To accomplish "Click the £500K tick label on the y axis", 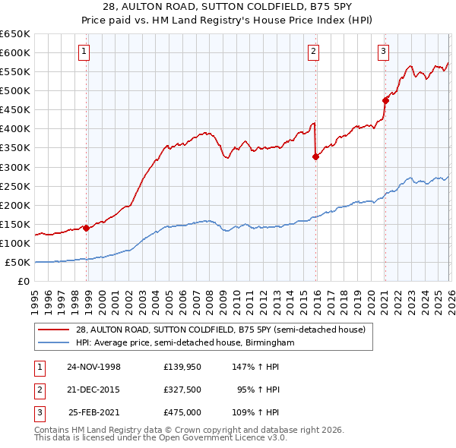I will pos(15,90).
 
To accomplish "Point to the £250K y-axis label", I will pos(15,186).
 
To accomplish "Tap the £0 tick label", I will pos(23,282).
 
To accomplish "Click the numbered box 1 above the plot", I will pos(83,52).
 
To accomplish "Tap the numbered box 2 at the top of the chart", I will pos(313,52).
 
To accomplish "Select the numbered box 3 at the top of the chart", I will pos(384,52).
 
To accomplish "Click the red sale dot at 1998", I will pos(87,227).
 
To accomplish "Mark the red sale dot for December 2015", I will pos(315,156).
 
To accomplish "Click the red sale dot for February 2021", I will pos(385,99).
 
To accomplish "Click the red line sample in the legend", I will pos(55,330).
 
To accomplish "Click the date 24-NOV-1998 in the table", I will pos(93,366).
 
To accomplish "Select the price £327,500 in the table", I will pos(182,390).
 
